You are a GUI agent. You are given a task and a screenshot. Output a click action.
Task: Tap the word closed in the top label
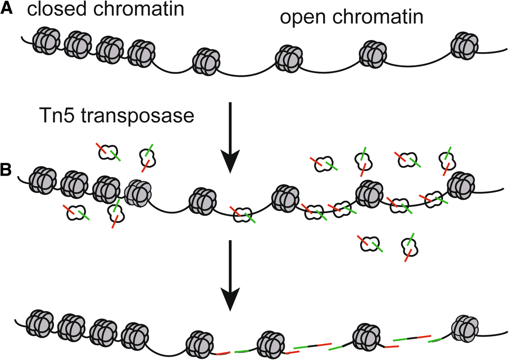click(57, 9)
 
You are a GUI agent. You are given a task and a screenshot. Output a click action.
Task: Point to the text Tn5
click(57, 116)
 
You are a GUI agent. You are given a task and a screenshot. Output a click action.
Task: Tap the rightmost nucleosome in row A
click(464, 46)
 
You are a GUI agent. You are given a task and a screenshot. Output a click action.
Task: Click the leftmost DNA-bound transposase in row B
click(242, 215)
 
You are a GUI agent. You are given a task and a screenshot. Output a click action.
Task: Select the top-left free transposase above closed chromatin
click(108, 152)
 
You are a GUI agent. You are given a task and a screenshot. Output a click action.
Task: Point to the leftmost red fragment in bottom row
click(223, 354)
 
